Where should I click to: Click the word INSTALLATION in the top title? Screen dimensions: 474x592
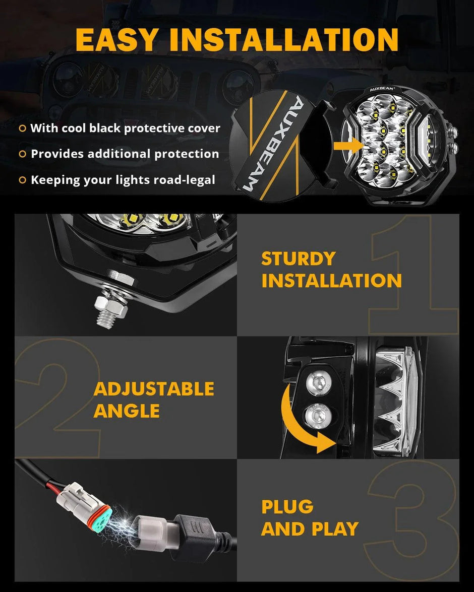pos(284,40)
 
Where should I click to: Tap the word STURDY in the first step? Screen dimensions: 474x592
pos(298,258)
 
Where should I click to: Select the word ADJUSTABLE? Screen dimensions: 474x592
pos(154,389)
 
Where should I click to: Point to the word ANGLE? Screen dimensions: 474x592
pos(126,411)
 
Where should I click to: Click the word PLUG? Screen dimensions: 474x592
pos(287,507)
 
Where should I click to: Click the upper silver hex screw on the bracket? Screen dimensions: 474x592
pos(318,383)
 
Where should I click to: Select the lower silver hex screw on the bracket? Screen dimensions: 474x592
pos(318,417)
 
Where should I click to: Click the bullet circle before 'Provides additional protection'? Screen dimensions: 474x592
pos(22,154)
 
